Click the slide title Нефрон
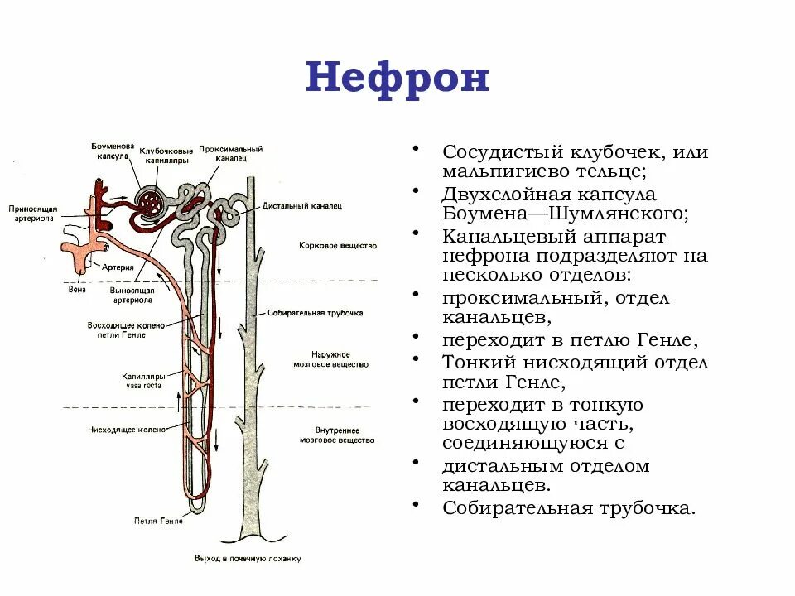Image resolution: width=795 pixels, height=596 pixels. (397, 79)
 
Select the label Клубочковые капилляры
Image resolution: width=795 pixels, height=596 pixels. (166, 155)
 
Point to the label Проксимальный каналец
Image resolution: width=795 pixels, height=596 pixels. (231, 153)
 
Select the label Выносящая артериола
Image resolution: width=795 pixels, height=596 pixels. (130, 296)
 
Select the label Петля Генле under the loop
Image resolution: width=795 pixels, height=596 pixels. (157, 521)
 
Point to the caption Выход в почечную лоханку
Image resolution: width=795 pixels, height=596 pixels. (248, 559)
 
